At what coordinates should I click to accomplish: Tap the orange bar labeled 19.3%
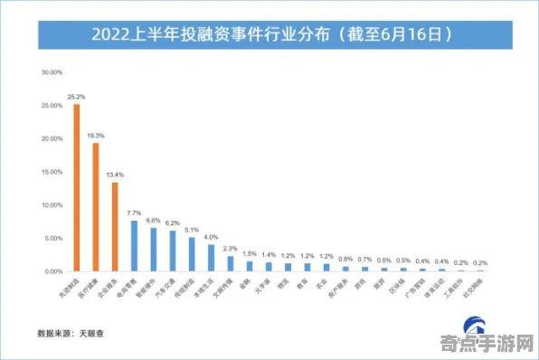(x=95, y=207)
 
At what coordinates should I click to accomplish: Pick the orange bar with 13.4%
(x=114, y=226)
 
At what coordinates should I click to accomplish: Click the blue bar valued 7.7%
(x=134, y=246)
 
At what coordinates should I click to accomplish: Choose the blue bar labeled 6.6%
(x=153, y=250)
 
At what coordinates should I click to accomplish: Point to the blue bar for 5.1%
(x=191, y=254)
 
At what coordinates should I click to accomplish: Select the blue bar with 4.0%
(x=211, y=258)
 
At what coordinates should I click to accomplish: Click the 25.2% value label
(x=76, y=96)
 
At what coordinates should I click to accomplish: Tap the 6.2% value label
(x=172, y=223)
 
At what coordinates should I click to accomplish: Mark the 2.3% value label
(x=230, y=248)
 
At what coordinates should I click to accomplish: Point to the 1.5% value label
(x=250, y=253)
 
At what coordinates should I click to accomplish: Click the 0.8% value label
(x=345, y=259)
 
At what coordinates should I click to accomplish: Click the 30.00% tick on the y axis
(x=51, y=71)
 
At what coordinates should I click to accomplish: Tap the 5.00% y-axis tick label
(x=51, y=238)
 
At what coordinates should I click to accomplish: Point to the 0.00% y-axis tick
(x=51, y=271)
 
